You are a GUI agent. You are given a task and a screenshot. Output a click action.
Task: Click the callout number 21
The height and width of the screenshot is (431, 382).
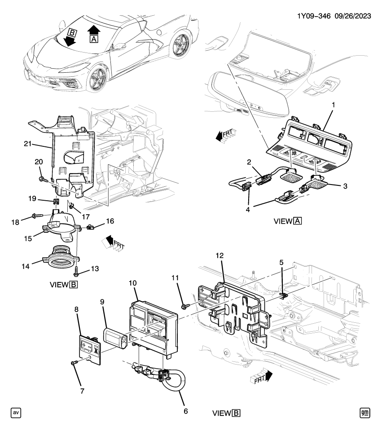click(x=28, y=144)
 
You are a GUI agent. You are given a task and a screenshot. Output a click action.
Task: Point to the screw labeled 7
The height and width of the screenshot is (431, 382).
click(x=74, y=362)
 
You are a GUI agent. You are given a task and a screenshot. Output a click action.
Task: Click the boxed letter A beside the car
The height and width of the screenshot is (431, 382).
click(x=94, y=40)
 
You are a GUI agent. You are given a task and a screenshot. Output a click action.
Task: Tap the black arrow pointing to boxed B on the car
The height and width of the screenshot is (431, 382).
click(x=70, y=41)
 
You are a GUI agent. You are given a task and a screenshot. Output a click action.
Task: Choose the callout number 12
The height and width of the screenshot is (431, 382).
click(x=219, y=255)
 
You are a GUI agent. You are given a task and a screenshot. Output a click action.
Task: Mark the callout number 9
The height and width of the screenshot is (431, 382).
click(x=102, y=303)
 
